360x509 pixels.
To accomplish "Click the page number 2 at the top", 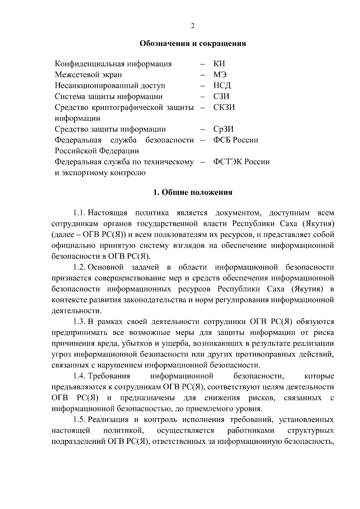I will pyautogui.click(x=193, y=26).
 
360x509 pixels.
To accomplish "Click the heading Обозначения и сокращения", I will pyautogui.click(x=193, y=44).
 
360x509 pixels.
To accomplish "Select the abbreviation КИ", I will pyautogui.click(x=219, y=64).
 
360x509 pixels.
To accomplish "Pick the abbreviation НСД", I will pyautogui.click(x=222, y=86).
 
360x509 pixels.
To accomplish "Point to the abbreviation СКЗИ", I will pyautogui.click(x=224, y=107).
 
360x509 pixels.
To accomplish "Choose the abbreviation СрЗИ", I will pyautogui.click(x=223, y=129).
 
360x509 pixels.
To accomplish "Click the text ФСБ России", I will pyautogui.click(x=235, y=140).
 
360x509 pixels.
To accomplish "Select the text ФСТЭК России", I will pyautogui.click(x=241, y=162).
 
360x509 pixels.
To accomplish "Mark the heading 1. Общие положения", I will pyautogui.click(x=193, y=193).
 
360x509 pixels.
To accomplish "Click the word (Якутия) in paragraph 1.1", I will pyautogui.click(x=318, y=224).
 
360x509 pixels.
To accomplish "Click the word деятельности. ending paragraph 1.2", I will pyautogui.click(x=76, y=311).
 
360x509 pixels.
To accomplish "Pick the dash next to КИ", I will pyautogui.click(x=203, y=64).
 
